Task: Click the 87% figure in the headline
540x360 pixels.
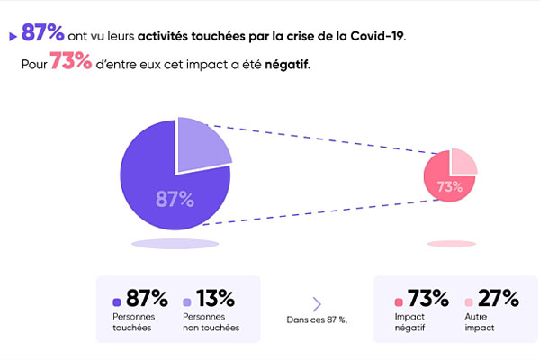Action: point(42,35)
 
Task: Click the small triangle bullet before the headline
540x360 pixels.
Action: point(13,37)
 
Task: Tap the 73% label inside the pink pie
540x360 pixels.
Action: point(449,188)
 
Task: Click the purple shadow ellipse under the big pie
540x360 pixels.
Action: point(175,244)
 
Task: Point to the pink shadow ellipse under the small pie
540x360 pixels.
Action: point(451,244)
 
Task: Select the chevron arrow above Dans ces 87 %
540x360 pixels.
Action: point(317,303)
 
